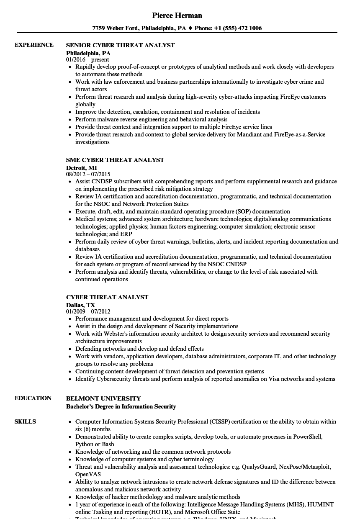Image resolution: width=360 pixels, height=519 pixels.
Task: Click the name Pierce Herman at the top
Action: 177,15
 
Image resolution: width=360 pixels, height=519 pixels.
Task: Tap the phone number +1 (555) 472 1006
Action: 237,28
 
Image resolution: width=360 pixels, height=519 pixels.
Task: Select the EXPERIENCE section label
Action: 34,45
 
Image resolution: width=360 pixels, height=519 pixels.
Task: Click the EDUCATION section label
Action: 33,398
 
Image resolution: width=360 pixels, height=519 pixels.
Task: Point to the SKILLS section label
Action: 25,421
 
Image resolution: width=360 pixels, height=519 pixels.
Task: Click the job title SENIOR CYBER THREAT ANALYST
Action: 121,45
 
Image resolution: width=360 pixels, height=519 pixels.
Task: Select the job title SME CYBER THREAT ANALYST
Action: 115,160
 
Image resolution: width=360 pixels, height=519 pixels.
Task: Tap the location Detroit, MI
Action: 81,167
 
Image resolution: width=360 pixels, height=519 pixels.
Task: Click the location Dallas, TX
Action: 80,305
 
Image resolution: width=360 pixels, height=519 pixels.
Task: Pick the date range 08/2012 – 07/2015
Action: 88,174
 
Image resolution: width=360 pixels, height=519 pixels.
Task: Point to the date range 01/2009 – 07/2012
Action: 88,311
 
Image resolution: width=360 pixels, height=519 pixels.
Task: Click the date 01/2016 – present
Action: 87,59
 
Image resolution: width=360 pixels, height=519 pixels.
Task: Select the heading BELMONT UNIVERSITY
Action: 103,398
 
